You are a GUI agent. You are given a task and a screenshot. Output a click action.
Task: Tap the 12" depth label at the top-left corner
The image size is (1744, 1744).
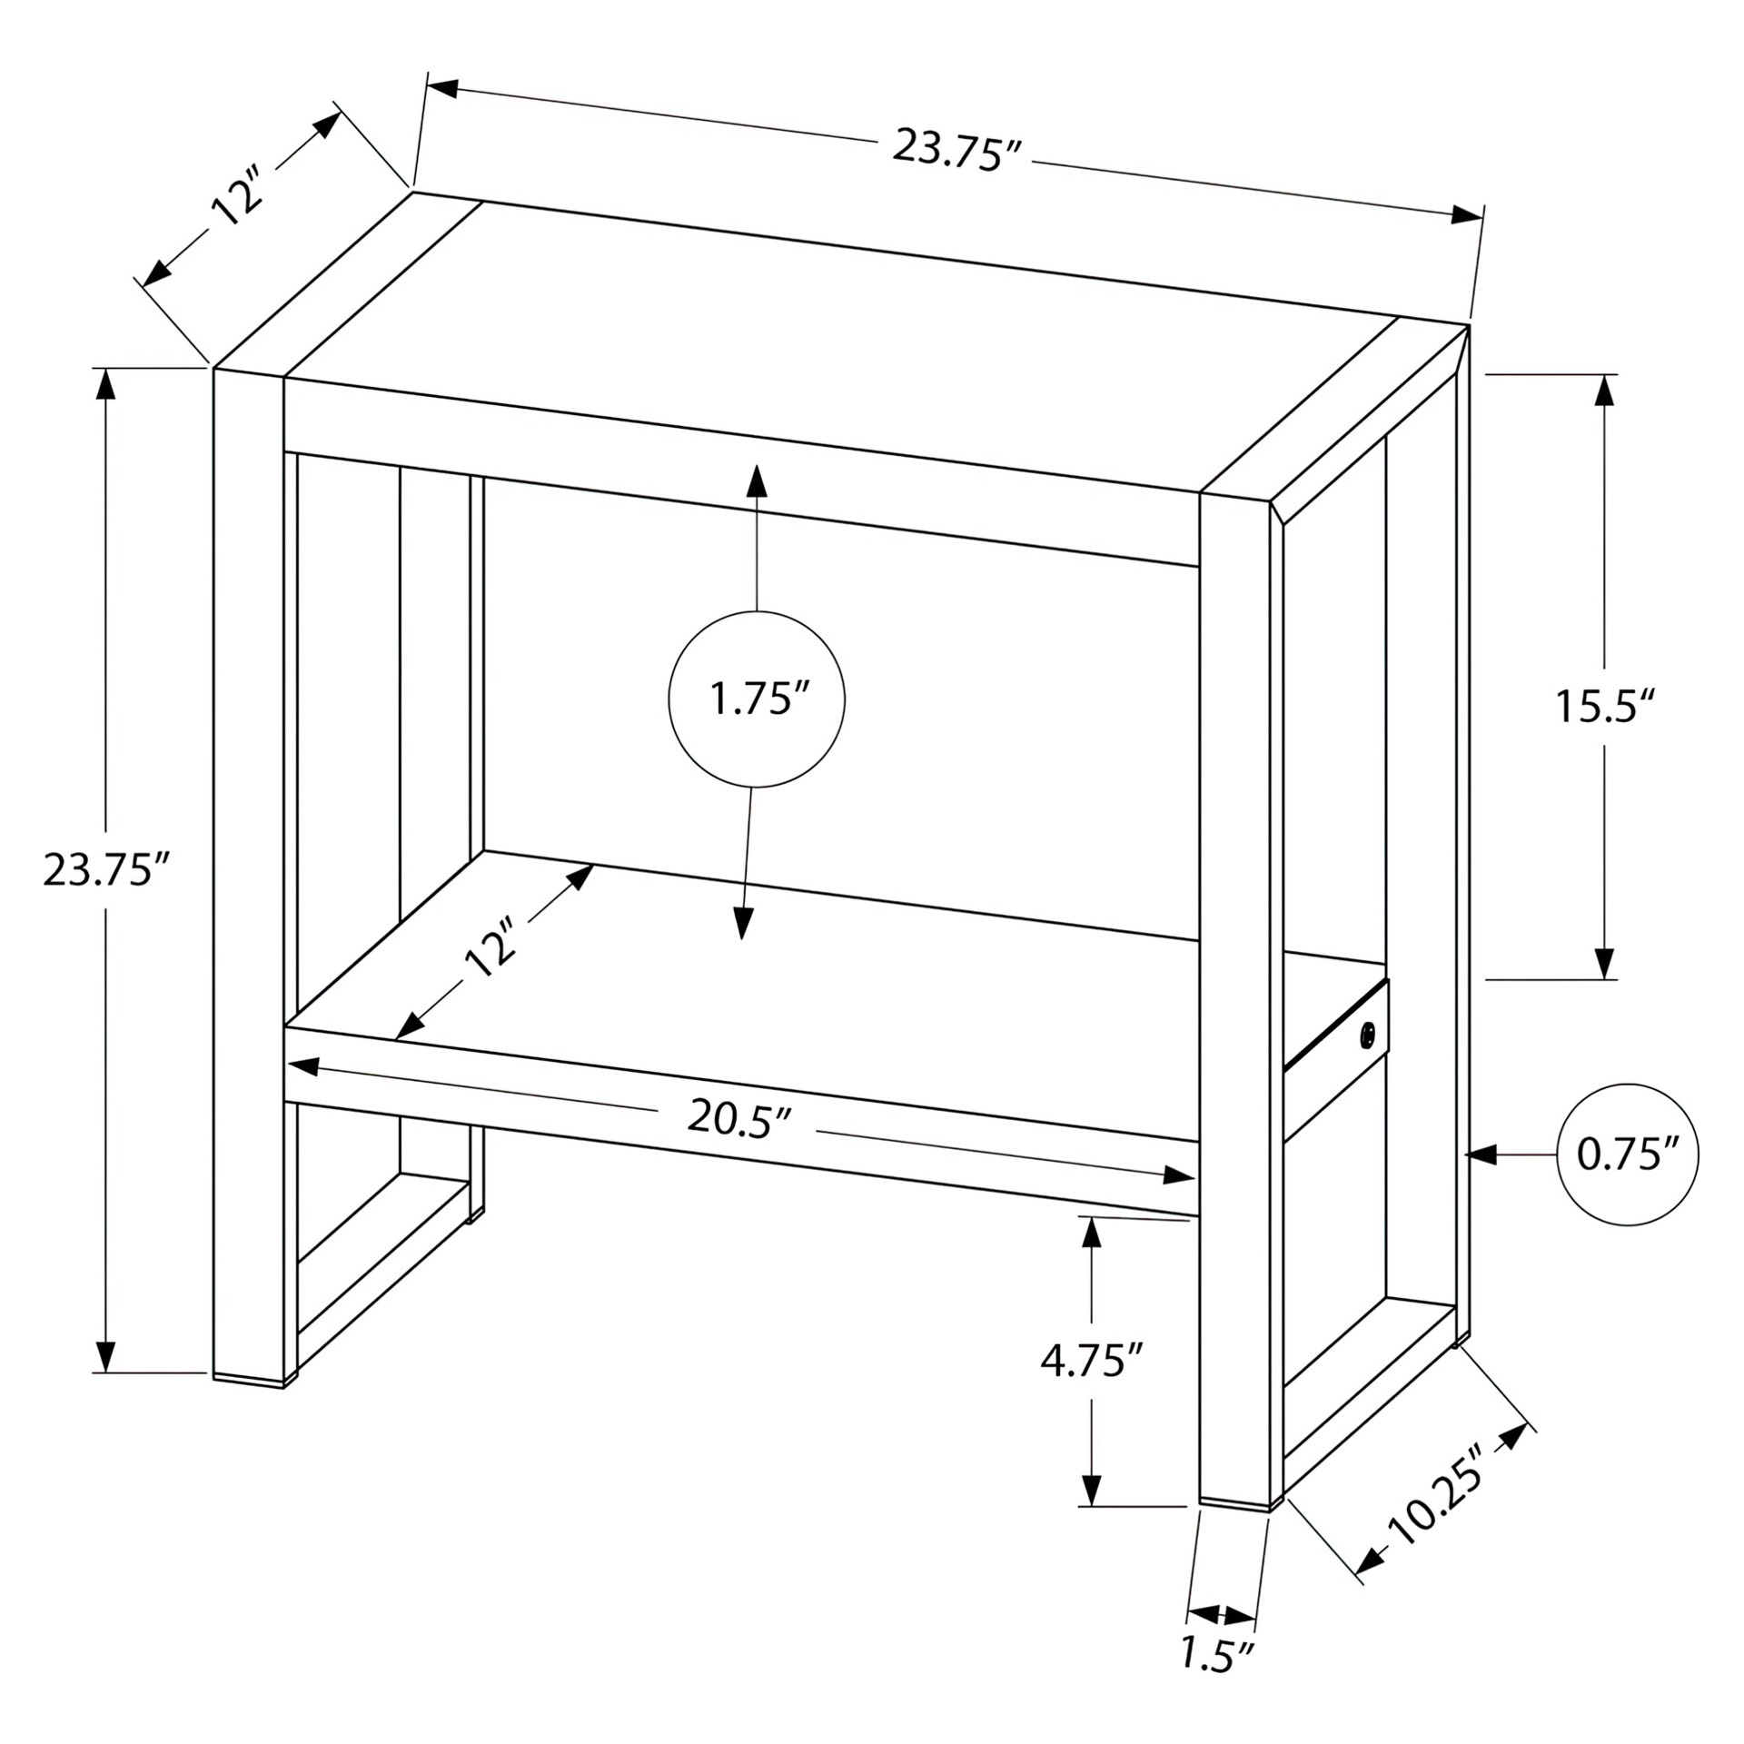pyautogui.click(x=235, y=197)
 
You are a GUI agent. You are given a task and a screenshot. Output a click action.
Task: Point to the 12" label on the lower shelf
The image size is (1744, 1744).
pyautogui.click(x=490, y=947)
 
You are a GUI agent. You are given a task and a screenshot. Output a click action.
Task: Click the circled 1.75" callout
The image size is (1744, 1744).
pyautogui.click(x=757, y=699)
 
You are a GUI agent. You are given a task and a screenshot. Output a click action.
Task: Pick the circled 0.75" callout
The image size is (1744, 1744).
pyautogui.click(x=1627, y=1154)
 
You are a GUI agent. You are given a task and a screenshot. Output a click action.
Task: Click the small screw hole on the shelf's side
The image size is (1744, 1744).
pyautogui.click(x=1367, y=1035)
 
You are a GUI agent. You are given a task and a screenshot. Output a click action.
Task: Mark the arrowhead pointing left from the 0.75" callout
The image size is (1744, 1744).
pyautogui.click(x=1481, y=1154)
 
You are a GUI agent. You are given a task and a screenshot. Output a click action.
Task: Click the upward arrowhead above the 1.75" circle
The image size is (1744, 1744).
pyautogui.click(x=757, y=481)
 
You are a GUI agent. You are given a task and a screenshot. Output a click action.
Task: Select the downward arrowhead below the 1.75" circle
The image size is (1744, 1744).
pyautogui.click(x=744, y=922)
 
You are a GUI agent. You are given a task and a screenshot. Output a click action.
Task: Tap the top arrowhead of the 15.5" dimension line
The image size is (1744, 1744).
pyautogui.click(x=1605, y=390)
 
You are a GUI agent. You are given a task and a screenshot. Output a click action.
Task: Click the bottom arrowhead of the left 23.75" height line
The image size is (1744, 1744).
pyautogui.click(x=106, y=1356)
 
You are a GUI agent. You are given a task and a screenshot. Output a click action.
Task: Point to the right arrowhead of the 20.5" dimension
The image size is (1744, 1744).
pyautogui.click(x=1178, y=1175)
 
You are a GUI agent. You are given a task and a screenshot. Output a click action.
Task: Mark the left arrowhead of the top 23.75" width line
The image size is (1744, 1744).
pyautogui.click(x=442, y=88)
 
